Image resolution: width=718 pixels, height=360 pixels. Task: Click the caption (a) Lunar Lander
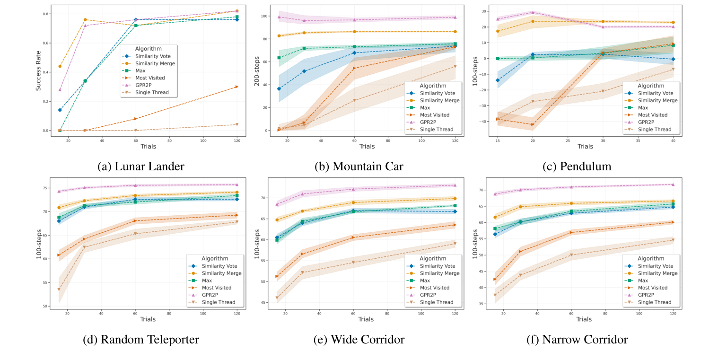[x=140, y=167]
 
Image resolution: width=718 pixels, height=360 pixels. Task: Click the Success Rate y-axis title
[x=39, y=71]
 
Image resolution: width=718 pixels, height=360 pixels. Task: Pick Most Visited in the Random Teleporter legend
[x=217, y=288]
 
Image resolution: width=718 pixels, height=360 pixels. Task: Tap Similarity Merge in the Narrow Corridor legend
[x=658, y=273]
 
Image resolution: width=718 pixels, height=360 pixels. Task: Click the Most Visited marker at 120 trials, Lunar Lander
[x=237, y=87]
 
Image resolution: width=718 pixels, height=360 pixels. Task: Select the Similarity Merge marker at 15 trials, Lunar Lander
[x=60, y=66]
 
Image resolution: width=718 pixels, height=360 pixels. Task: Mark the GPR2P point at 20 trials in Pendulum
[x=533, y=13]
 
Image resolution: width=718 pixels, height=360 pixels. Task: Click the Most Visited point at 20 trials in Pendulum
[x=533, y=124]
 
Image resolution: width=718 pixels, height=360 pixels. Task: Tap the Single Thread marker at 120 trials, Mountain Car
[x=455, y=67]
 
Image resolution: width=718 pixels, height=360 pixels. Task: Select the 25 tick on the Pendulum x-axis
[x=568, y=140]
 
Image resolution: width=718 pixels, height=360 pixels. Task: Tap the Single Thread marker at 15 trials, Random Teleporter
[x=59, y=290]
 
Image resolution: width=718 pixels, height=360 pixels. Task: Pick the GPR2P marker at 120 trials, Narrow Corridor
[x=673, y=184]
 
